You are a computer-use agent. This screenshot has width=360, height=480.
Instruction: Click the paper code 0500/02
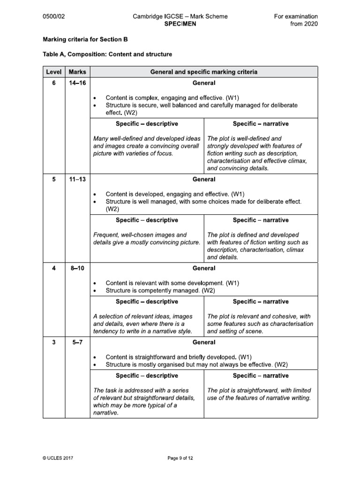point(53,16)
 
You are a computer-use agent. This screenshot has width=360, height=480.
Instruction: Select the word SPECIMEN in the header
point(180,24)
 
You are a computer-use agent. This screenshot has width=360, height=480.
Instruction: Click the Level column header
point(53,72)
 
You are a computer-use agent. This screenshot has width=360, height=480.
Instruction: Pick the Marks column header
point(77,72)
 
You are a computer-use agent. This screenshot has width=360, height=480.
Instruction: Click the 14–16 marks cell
point(77,83)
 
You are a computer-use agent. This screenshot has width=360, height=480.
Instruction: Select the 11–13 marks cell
point(77,179)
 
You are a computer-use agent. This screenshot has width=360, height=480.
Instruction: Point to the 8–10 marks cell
point(77,268)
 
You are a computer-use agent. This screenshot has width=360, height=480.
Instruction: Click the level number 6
point(53,83)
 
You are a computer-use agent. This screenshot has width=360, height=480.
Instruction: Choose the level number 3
point(53,342)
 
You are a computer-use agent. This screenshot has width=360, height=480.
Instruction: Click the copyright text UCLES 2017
point(58,458)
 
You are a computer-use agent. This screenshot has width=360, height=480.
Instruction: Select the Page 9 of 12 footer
point(180,458)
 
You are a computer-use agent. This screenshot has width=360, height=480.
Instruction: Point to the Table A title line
point(107,54)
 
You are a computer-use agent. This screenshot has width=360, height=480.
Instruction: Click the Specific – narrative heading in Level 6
point(261,124)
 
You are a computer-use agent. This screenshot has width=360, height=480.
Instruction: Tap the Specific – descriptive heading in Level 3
point(147,375)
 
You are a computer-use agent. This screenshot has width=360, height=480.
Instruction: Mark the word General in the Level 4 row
point(204,268)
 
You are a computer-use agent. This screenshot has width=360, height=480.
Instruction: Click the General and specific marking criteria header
point(203,72)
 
